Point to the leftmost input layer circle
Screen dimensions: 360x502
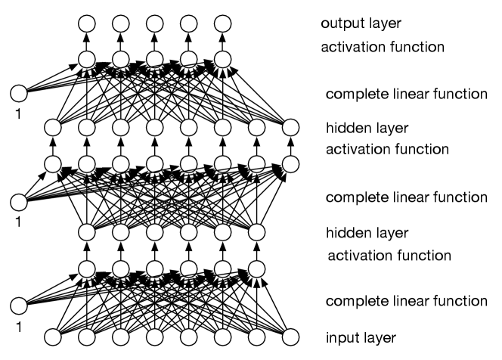pos(52,337)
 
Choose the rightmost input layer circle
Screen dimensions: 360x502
pos(291,337)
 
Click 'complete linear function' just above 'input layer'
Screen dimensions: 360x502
pos(406,301)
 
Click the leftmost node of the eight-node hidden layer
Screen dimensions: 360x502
pos(52,128)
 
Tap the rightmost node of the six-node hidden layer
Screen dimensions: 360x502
pos(257,231)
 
